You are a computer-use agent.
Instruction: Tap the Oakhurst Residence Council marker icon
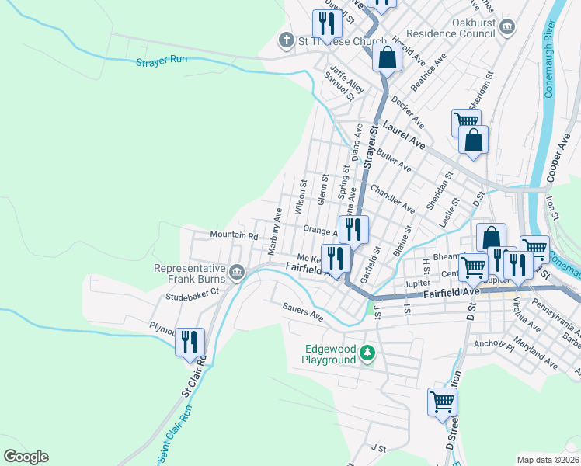506,28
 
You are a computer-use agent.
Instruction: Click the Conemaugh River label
565,61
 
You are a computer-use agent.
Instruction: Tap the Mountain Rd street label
233,235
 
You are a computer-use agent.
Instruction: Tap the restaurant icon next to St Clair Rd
190,341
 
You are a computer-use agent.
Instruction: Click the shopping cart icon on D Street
441,402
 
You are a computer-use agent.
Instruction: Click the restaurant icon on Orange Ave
353,229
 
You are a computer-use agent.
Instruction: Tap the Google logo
26,457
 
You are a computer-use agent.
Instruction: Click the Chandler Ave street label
392,198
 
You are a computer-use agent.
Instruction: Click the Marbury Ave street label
274,231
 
